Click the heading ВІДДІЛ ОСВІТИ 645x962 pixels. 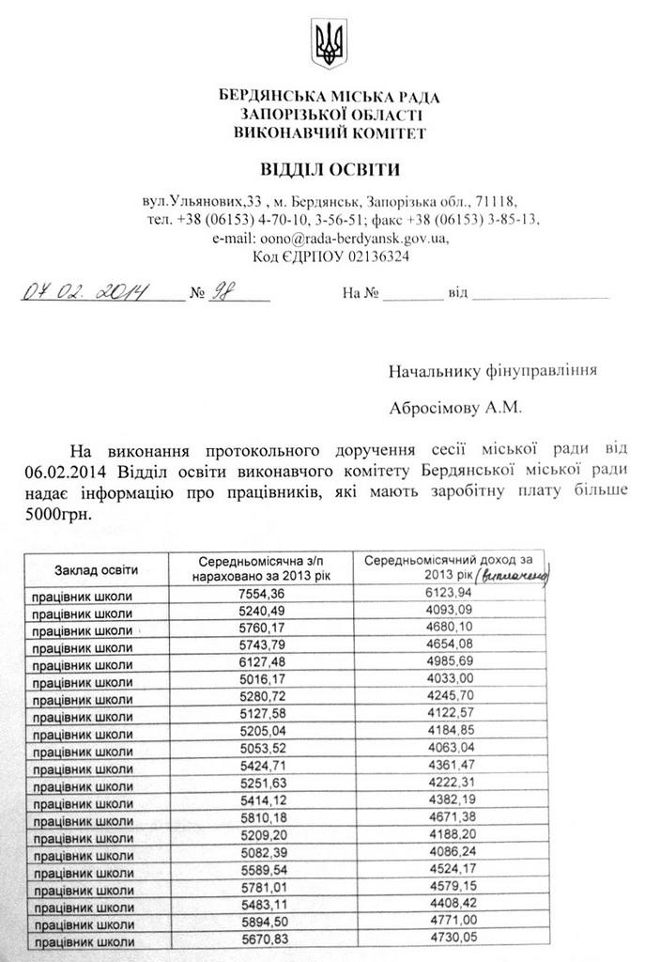pyautogui.click(x=329, y=170)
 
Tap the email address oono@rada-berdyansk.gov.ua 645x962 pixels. pyautogui.click(x=330, y=238)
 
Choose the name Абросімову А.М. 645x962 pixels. pyautogui.click(x=457, y=409)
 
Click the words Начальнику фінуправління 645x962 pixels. pyautogui.click(x=493, y=370)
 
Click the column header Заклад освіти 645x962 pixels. pyautogui.click(x=96, y=569)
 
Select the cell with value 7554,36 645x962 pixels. pyautogui.click(x=262, y=595)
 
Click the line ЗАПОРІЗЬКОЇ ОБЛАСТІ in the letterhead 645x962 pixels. pyautogui.click(x=329, y=114)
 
